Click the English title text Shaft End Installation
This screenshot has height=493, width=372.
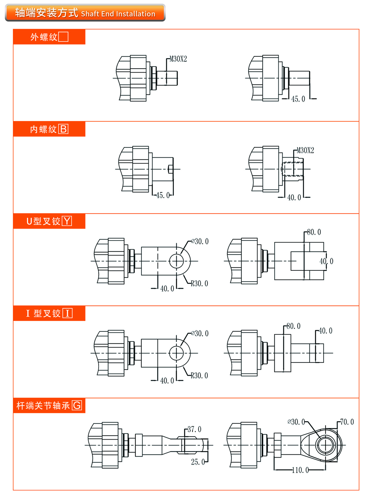click(118, 14)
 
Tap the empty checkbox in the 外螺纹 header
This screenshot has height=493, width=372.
click(63, 37)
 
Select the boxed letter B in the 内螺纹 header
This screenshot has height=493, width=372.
click(63, 129)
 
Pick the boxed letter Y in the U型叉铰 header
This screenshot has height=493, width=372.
click(67, 221)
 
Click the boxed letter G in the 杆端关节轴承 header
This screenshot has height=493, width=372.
click(77, 405)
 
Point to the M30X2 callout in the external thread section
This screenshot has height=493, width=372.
click(178, 59)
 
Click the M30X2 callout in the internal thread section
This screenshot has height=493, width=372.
click(305, 151)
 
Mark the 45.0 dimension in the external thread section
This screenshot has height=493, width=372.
click(298, 99)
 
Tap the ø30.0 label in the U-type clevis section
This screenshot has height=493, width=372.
click(200, 241)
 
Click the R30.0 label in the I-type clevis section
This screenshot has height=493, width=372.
click(200, 376)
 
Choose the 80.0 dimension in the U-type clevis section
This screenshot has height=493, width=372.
click(314, 232)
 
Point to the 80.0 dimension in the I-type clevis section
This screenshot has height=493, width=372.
click(294, 326)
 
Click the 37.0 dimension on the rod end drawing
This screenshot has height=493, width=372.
click(194, 429)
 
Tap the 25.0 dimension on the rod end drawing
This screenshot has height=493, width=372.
click(198, 462)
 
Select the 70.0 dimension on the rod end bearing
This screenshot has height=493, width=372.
click(347, 422)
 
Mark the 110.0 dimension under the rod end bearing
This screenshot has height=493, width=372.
click(300, 470)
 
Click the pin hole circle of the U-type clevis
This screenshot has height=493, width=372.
click(176, 261)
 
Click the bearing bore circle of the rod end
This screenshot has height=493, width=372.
click(325, 445)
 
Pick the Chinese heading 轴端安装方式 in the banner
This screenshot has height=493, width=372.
click(46, 13)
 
